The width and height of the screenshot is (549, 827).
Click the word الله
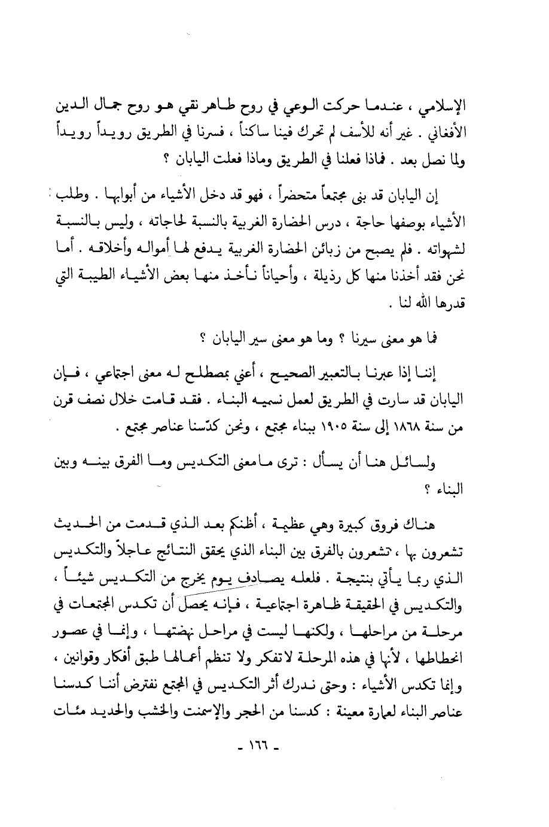[x=429, y=304]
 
